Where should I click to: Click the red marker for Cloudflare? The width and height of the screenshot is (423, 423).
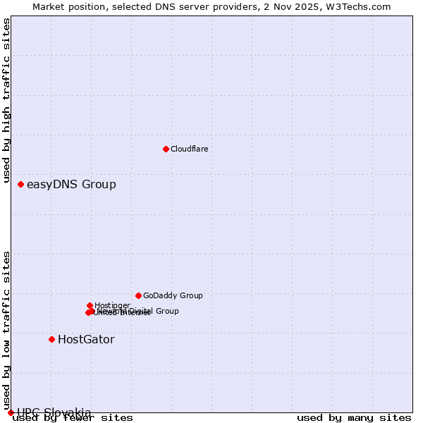coord(166,149)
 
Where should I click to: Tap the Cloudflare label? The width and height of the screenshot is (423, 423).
coord(189,149)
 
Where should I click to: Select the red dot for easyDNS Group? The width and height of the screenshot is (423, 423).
coord(20,184)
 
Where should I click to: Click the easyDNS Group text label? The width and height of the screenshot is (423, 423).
coord(71,185)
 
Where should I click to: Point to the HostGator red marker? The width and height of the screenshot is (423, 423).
coord(51,339)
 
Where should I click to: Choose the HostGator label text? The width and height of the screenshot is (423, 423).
coord(86,340)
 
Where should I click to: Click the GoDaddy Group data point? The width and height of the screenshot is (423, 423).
coord(138,295)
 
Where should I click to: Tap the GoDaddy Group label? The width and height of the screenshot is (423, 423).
coord(173,296)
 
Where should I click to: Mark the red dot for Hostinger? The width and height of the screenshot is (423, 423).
coord(90,305)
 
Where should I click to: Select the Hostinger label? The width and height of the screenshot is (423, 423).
coord(112,305)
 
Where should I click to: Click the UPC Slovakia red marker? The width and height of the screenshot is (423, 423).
coord(11,412)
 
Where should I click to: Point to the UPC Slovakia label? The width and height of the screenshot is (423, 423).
coord(54,412)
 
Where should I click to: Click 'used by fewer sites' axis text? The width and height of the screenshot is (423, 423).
coord(73,418)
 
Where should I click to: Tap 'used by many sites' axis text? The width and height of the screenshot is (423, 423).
coord(353,418)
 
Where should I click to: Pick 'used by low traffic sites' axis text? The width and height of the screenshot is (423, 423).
coord(7,325)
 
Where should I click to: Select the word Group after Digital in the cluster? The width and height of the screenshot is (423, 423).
coord(166,311)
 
